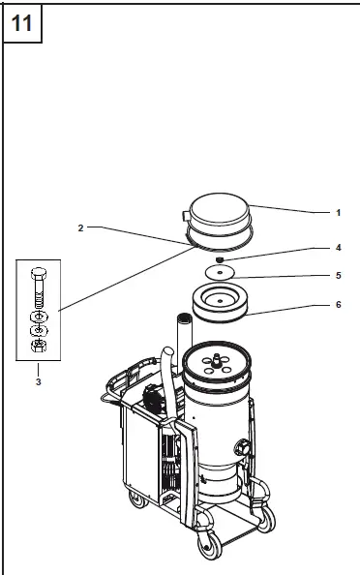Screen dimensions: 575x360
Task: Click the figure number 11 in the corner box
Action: coord(22,23)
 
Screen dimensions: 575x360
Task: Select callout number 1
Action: coord(338,211)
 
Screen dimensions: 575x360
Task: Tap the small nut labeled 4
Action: coord(221,259)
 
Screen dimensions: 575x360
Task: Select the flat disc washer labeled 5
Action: coord(222,274)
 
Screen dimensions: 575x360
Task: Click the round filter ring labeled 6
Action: coord(222,301)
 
